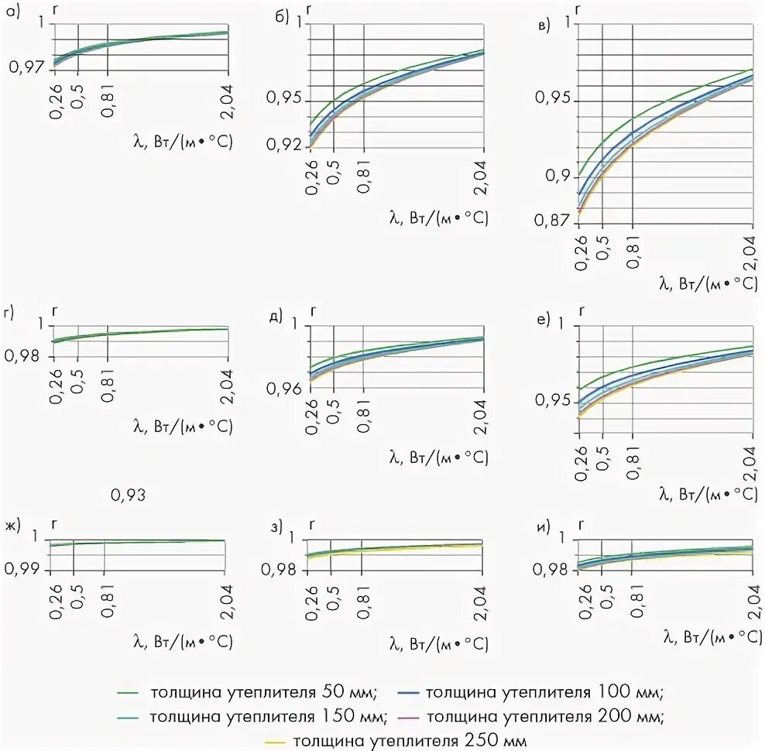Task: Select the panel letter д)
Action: point(274,317)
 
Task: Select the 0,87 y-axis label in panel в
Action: point(551,221)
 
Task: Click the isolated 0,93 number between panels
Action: point(129,494)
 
